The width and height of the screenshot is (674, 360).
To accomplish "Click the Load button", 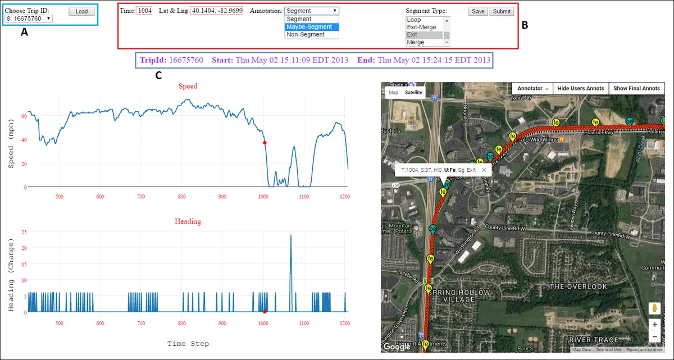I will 81,11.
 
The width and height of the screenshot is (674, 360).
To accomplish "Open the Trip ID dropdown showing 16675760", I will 28,19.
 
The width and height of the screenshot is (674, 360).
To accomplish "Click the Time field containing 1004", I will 144,11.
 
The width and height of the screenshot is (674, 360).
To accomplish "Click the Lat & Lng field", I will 216,11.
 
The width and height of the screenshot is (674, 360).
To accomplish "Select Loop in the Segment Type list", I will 414,20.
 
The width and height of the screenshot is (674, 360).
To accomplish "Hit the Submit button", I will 501,11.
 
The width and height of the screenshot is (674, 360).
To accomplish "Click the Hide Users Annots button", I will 580,88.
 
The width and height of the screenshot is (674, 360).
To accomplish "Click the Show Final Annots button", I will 636,88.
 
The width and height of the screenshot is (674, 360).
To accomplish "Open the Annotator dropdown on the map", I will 532,88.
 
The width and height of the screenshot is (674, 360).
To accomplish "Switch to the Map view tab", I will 393,93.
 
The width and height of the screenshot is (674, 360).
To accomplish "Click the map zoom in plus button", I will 654,325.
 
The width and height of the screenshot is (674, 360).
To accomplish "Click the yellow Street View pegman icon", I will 654,308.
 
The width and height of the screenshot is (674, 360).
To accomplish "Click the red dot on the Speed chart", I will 265,143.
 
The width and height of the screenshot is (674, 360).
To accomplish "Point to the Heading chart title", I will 188,221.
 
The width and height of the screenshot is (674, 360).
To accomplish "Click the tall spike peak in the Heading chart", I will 290,236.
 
